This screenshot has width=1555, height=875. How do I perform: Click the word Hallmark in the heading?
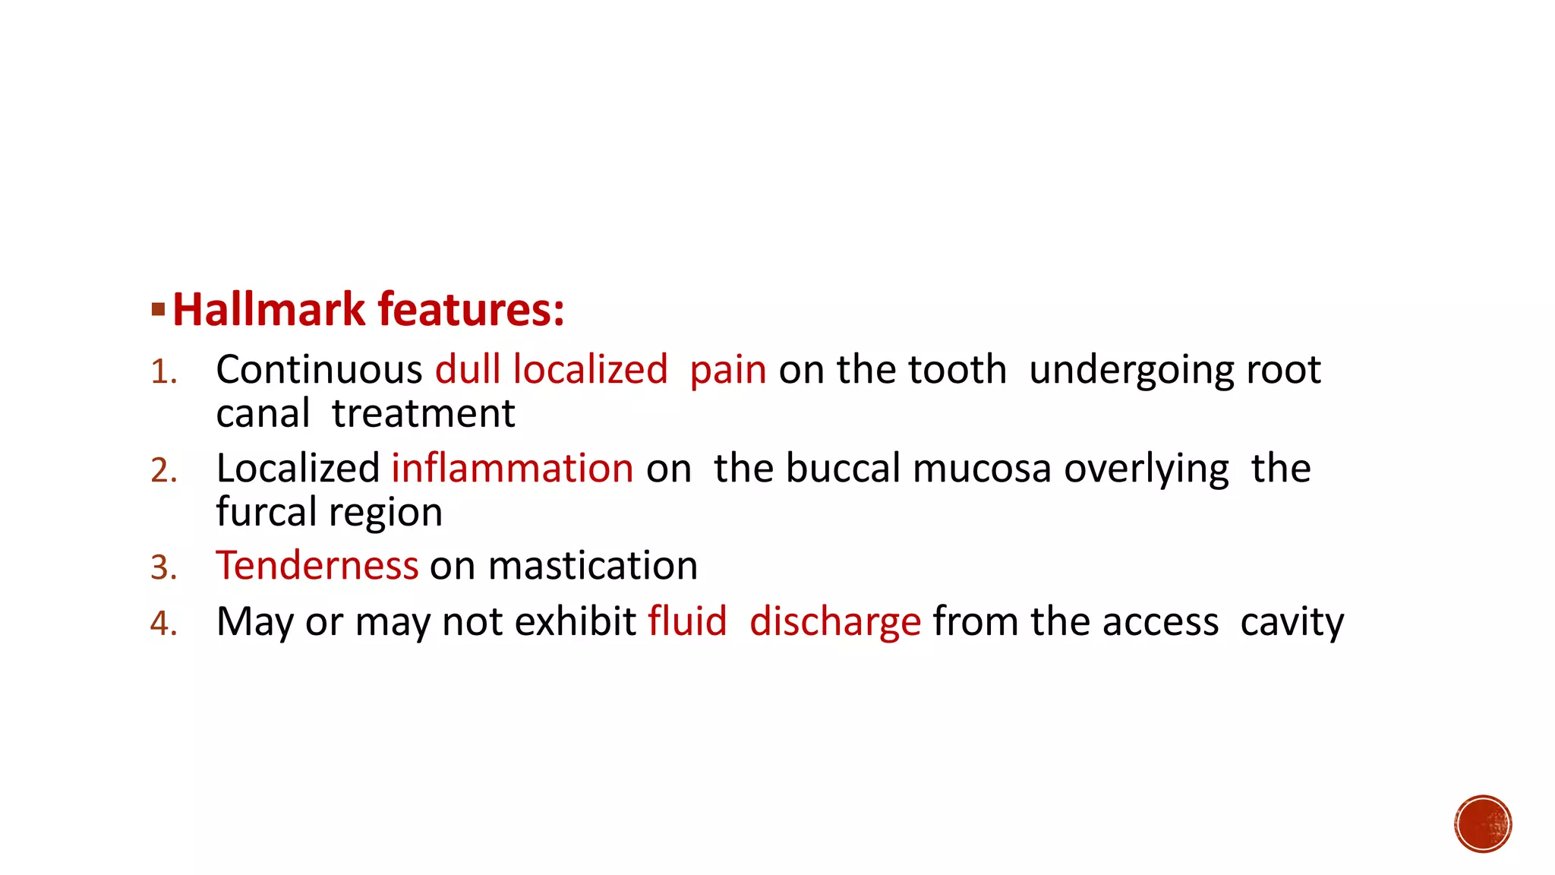pyautogui.click(x=269, y=310)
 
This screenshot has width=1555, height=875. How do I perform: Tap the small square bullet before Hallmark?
pyautogui.click(x=158, y=309)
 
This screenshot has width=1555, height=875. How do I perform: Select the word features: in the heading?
pyautogui.click(x=471, y=310)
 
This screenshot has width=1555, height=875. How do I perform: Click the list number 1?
pyautogui.click(x=163, y=373)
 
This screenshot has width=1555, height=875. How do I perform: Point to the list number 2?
pyautogui.click(x=163, y=471)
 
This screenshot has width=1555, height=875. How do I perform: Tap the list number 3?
pyautogui.click(x=163, y=568)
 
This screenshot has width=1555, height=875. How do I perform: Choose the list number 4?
pyautogui.click(x=163, y=624)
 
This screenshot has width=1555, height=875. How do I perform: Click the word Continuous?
pyautogui.click(x=319, y=371)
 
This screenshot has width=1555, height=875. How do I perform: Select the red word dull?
pyautogui.click(x=468, y=371)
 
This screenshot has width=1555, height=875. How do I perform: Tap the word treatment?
pyautogui.click(x=424, y=415)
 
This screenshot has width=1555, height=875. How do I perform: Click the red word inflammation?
pyautogui.click(x=513, y=469)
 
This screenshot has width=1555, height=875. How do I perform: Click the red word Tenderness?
pyautogui.click(x=317, y=567)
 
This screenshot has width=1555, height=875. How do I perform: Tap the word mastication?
pyautogui.click(x=593, y=567)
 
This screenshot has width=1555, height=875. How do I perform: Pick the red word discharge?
pyautogui.click(x=835, y=623)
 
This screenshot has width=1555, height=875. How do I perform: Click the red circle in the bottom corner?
pyautogui.click(x=1483, y=824)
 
